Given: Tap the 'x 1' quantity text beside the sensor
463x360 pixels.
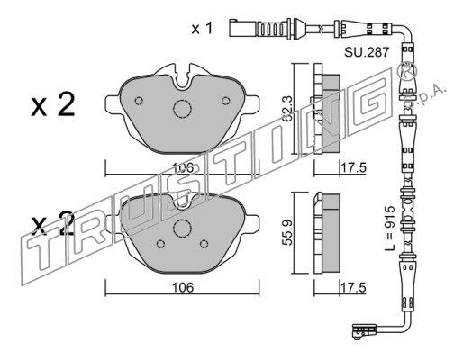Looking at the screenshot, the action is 202,29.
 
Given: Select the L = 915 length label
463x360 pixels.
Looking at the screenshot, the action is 390,229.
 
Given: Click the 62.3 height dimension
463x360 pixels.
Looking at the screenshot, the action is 288,108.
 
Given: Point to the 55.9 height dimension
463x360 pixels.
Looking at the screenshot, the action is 288,233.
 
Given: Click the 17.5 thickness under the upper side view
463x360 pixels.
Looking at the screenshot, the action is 353,167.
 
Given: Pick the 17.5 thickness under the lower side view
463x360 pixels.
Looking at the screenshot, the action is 353,288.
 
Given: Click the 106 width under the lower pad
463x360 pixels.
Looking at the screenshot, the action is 183,288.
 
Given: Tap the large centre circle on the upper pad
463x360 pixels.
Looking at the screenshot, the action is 182,109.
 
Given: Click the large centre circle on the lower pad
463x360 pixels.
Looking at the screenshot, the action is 182,228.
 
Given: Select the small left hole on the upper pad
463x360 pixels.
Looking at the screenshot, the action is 139,101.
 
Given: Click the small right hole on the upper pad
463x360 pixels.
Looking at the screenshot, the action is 225,101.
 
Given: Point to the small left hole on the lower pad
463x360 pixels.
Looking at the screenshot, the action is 161,244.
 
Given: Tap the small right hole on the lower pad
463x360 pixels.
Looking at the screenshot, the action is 204,244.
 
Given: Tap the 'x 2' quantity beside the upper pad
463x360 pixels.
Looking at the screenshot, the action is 53,105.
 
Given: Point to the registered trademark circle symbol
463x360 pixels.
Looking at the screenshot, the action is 407,72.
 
